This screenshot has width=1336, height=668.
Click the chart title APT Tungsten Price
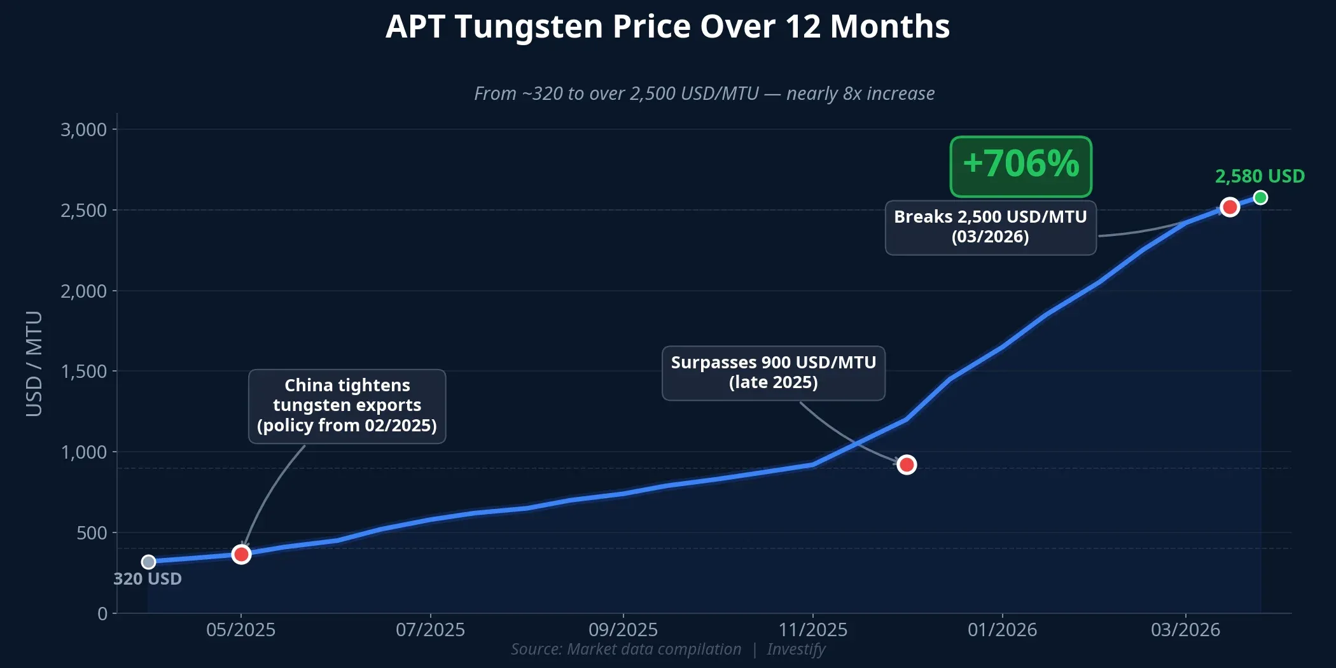[667, 27]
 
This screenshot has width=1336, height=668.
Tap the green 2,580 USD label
[1259, 176]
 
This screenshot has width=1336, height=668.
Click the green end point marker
[1260, 198]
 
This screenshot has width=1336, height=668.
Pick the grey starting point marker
[148, 562]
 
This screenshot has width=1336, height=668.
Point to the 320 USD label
[148, 579]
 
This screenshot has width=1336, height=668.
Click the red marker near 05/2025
[241, 554]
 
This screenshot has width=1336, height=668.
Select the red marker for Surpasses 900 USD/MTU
[907, 464]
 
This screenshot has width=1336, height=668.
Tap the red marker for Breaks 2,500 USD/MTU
[1230, 207]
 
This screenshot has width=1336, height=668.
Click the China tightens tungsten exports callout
[347, 406]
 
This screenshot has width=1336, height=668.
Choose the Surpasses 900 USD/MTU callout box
[773, 373]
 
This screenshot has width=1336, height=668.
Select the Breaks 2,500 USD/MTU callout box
[990, 227]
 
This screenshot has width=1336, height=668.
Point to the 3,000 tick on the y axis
[83, 130]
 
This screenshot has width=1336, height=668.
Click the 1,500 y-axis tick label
[83, 372]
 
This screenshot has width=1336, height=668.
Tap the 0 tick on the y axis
[102, 614]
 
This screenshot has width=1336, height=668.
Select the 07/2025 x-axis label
[430, 630]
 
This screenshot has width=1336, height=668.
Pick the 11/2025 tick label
[812, 630]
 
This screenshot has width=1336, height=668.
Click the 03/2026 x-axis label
[1185, 630]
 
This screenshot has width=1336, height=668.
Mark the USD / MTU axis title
[34, 364]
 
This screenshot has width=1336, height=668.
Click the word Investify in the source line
[795, 650]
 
